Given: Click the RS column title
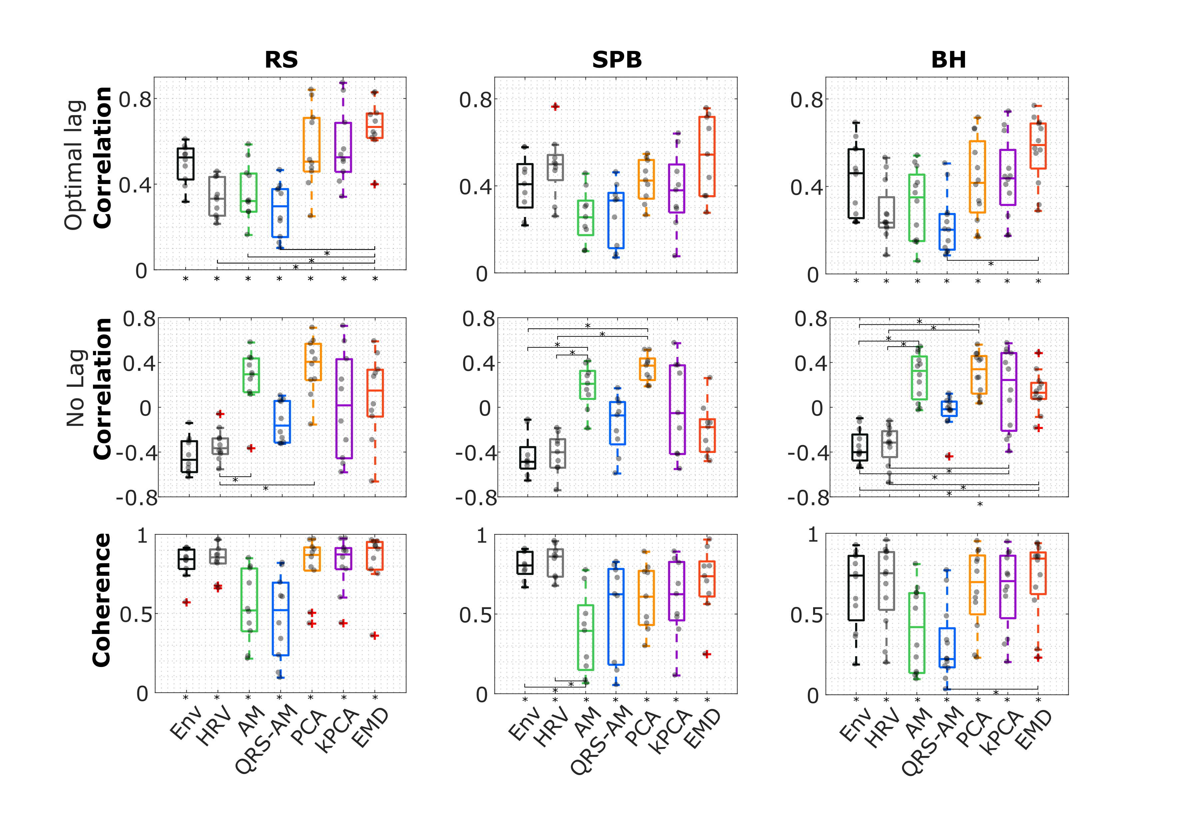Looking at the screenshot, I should [x=281, y=60].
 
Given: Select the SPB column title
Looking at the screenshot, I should [x=617, y=60].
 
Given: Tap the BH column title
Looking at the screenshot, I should [x=948, y=60].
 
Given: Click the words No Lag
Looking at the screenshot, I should [x=75, y=388].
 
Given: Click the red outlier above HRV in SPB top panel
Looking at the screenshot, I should [x=555, y=107].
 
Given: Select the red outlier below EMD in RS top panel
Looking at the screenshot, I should [x=375, y=184].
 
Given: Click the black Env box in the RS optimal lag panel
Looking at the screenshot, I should [x=185, y=164].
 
